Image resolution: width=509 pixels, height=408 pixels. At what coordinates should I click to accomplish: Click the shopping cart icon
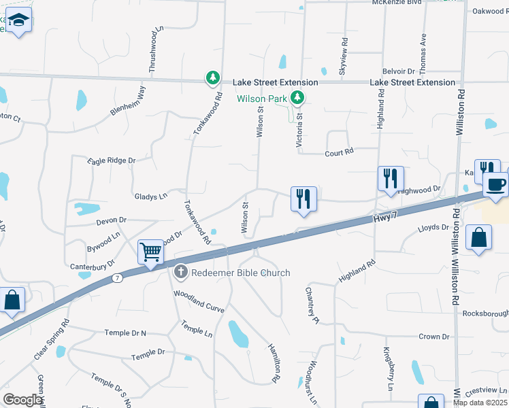[x=150, y=252]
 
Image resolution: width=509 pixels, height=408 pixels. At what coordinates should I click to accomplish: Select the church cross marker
[x=181, y=273]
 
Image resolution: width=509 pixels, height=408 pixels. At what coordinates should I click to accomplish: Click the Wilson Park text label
[x=262, y=99]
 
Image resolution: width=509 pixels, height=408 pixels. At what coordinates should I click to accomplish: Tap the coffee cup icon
[x=495, y=184]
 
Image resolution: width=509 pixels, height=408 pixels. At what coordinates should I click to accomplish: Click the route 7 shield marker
[x=118, y=277]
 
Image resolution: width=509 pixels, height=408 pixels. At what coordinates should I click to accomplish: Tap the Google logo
[x=23, y=400]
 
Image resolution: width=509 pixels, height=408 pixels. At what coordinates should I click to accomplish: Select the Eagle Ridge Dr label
[x=112, y=160]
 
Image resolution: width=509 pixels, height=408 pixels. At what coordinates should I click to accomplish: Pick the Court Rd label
[x=340, y=152]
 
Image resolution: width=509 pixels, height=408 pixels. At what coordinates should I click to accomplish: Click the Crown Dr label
[x=433, y=337]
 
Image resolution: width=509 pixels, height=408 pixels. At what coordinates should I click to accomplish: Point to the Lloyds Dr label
[x=433, y=228]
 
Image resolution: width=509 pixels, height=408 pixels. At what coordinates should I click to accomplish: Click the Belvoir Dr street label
[x=398, y=71]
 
